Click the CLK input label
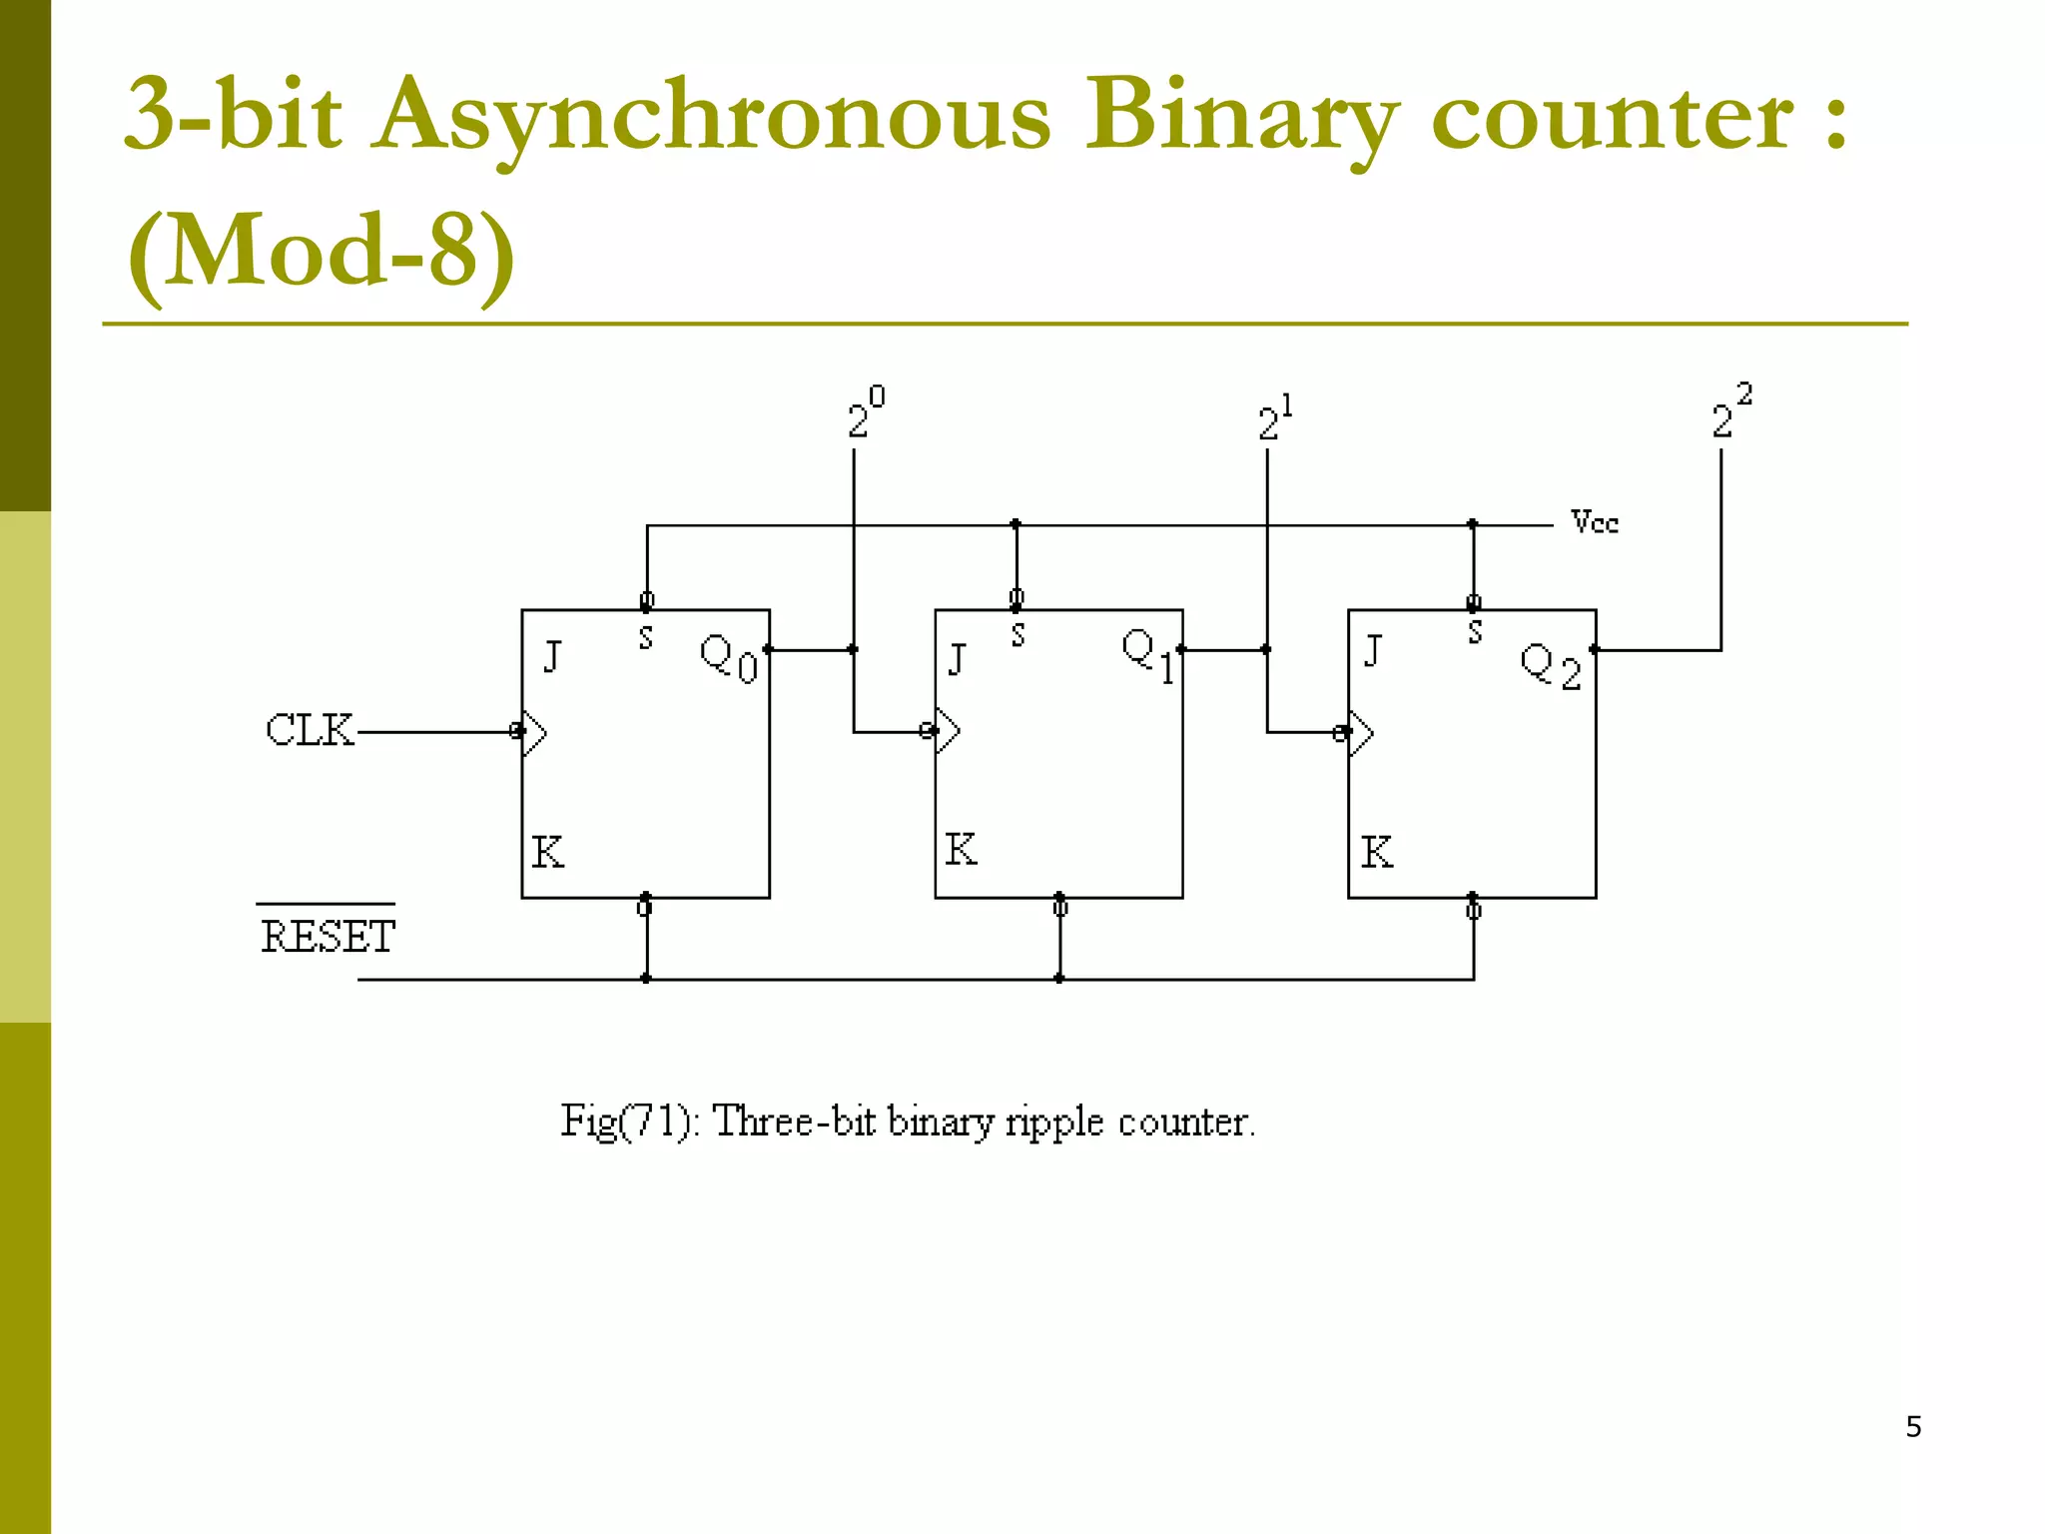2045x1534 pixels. pyautogui.click(x=310, y=730)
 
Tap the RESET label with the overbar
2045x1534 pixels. pyautogui.click(x=328, y=936)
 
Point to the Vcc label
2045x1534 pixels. pyautogui.click(x=1594, y=522)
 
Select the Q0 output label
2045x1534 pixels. pyautogui.click(x=729, y=659)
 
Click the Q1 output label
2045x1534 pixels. pyautogui.click(x=1148, y=655)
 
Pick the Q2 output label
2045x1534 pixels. pyautogui.click(x=1551, y=666)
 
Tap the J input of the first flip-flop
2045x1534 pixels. pyautogui.click(x=552, y=657)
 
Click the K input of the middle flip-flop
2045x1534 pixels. pyautogui.click(x=961, y=850)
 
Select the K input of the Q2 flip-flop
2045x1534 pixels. pyautogui.click(x=1376, y=852)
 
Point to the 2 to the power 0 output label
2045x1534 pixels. pyautogui.click(x=865, y=412)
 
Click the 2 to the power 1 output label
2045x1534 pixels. pyautogui.click(x=1274, y=417)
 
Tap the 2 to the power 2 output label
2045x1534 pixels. pyautogui.click(x=1730, y=410)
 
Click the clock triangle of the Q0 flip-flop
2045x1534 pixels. pyautogui.click(x=534, y=733)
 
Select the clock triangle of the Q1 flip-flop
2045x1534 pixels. pyautogui.click(x=948, y=732)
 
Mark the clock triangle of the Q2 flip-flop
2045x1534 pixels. pyautogui.click(x=1361, y=734)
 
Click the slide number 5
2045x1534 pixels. pyautogui.click(x=1913, y=1426)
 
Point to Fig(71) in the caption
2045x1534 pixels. pyautogui.click(x=628, y=1122)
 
